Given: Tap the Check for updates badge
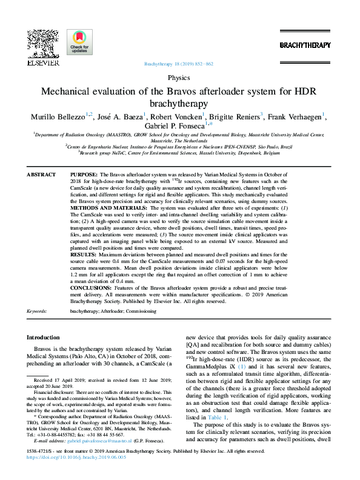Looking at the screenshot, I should click(x=79, y=42).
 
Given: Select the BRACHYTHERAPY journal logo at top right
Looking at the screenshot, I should click(x=305, y=45).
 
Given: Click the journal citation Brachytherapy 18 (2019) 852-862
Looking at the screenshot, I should click(x=179, y=64).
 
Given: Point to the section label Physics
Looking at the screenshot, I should click(x=179, y=78).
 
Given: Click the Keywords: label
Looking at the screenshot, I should click(x=38, y=311).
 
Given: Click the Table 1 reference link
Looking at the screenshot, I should click(x=216, y=418).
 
